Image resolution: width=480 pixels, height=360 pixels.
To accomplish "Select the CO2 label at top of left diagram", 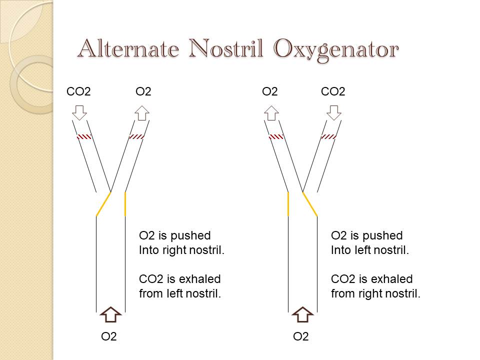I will (x=79, y=91).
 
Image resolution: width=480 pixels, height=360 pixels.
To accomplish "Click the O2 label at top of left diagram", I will (x=143, y=91).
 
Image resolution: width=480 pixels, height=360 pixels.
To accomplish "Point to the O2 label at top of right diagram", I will (x=270, y=91).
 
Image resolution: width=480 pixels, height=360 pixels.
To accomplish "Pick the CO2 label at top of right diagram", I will (x=333, y=91).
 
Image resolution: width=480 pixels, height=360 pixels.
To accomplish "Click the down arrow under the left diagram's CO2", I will (x=79, y=112).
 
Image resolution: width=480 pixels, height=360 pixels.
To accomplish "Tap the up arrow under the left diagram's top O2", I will (x=142, y=112).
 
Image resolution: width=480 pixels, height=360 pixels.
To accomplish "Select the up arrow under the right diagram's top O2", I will (x=271, y=112).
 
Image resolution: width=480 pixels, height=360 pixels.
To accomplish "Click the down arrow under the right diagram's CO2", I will (x=333, y=112).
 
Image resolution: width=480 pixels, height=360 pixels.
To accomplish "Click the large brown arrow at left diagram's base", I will (x=110, y=314).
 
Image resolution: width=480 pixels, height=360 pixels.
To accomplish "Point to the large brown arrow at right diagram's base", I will (x=302, y=314).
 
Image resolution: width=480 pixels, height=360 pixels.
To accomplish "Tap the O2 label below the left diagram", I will (x=109, y=336).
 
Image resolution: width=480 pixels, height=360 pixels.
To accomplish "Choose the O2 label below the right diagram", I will (x=301, y=336).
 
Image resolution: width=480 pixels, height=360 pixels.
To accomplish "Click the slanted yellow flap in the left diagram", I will (x=103, y=204).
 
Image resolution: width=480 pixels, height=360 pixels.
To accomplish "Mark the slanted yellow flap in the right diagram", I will (x=310, y=204).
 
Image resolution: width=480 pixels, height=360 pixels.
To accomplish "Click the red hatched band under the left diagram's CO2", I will (x=84, y=136).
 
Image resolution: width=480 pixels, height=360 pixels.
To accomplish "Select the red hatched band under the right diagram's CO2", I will (x=328, y=136).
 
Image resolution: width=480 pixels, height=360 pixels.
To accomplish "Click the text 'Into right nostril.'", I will (x=181, y=250).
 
